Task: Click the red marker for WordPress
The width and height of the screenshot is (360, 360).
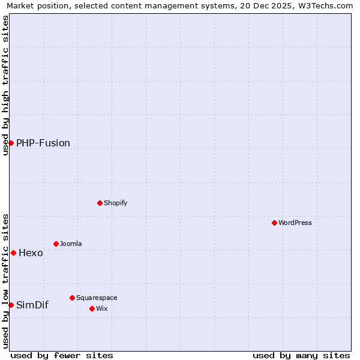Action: (x=274, y=223)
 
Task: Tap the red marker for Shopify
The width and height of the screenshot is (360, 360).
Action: (x=100, y=203)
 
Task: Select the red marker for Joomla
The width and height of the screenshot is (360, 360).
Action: (x=56, y=244)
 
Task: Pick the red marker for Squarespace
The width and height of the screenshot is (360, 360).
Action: (x=72, y=298)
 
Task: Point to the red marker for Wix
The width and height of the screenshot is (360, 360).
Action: (x=92, y=308)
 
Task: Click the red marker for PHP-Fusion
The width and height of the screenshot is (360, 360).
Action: (x=11, y=143)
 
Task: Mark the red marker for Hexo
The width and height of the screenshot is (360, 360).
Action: (x=13, y=253)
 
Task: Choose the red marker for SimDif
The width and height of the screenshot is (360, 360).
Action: (x=11, y=305)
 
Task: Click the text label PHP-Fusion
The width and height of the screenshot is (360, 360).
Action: (x=43, y=143)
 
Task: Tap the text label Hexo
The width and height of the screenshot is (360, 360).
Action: (x=31, y=253)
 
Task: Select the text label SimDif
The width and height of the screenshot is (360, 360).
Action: (x=32, y=305)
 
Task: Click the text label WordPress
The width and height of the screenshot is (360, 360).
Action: (x=295, y=223)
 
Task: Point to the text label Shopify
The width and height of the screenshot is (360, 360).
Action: (x=116, y=203)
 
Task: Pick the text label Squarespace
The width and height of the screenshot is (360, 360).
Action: (x=97, y=298)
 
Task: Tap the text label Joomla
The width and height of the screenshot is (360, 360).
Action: (x=71, y=244)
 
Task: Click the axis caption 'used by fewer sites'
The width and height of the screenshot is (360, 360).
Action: (x=62, y=355)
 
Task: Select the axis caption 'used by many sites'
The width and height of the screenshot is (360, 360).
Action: (x=301, y=355)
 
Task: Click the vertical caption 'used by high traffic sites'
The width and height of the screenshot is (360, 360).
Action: (x=5, y=85)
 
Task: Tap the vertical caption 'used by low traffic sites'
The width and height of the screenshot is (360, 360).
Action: (x=5, y=280)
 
